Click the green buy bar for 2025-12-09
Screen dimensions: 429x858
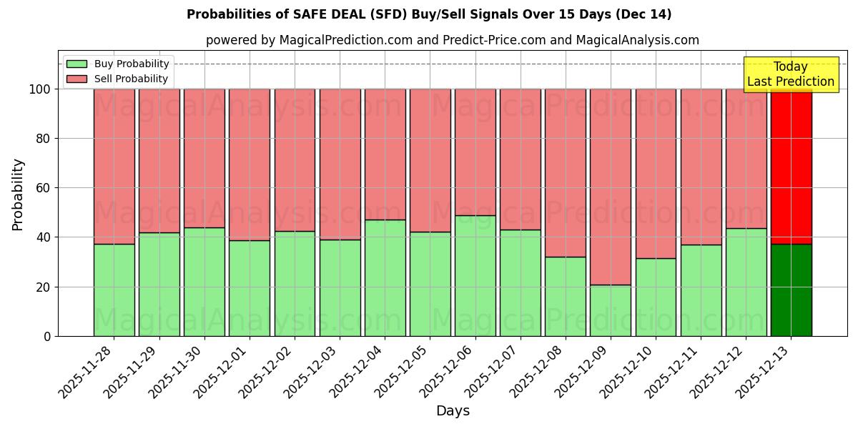pyautogui.click(x=611, y=310)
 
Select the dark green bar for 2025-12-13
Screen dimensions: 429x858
pyautogui.click(x=791, y=290)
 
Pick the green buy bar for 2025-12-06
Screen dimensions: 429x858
pyautogui.click(x=475, y=275)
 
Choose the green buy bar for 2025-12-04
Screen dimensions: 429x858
pyautogui.click(x=385, y=277)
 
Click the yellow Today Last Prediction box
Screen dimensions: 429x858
pyautogui.click(x=790, y=74)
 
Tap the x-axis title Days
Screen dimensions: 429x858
pyautogui.click(x=453, y=411)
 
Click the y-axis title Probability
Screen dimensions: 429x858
pyautogui.click(x=18, y=194)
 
